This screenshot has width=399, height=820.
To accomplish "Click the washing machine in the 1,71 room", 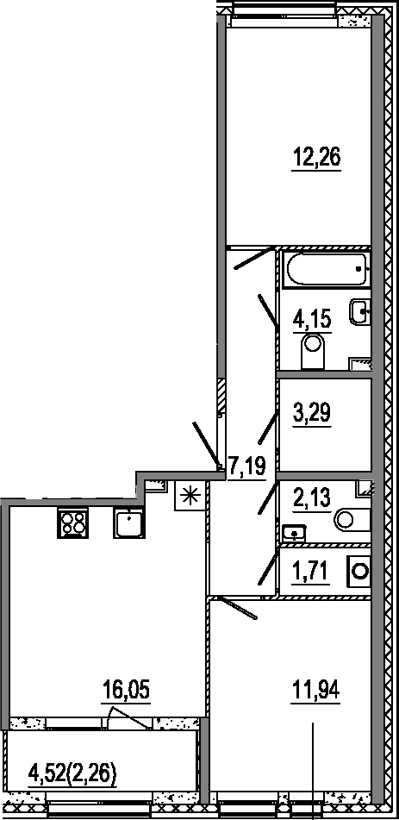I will tap(358, 570).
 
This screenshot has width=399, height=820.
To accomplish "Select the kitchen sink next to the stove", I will tap(128, 523).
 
